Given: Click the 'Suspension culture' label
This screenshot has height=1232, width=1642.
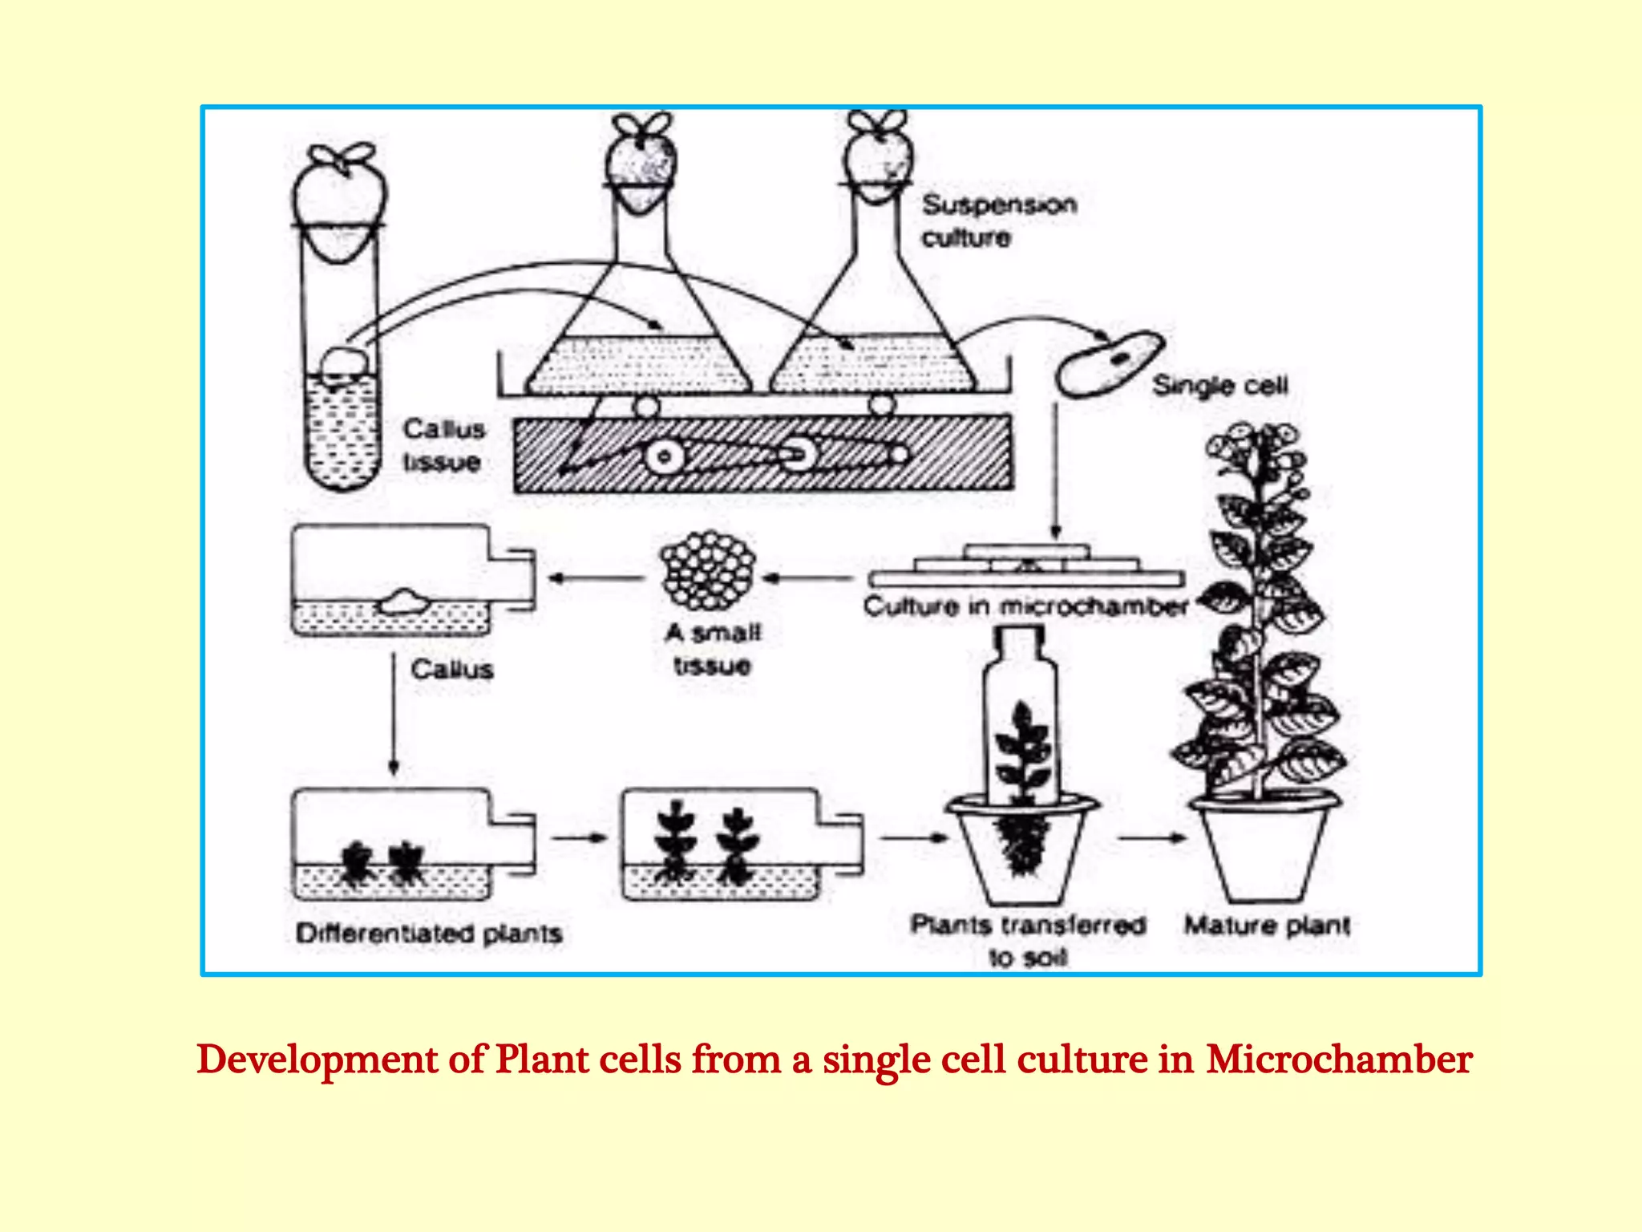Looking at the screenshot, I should click(998, 221).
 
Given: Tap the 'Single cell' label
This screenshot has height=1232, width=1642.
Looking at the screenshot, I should click(1219, 386).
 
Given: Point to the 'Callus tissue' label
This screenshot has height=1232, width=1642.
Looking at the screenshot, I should click(443, 445).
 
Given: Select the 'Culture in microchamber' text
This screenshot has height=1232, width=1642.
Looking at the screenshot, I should click(1025, 606).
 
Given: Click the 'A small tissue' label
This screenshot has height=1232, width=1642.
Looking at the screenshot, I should click(712, 649).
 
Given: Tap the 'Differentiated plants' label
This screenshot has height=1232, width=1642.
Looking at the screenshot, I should click(429, 933).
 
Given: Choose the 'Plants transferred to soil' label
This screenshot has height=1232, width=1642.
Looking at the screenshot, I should click(1028, 940).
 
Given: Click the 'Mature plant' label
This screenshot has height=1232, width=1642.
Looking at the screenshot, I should click(1268, 926).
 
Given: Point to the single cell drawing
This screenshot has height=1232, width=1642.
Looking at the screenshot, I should click(1109, 364).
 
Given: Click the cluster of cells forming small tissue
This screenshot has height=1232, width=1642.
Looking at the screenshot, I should click(707, 571).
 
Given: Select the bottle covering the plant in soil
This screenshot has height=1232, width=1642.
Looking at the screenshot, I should click(1020, 714).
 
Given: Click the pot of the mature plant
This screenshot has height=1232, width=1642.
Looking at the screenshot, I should click(1264, 850).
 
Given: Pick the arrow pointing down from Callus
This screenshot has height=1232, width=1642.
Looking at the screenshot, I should click(394, 714).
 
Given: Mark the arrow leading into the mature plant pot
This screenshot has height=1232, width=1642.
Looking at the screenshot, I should click(1152, 838).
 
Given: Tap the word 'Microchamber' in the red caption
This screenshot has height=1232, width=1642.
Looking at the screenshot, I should click(1339, 1060).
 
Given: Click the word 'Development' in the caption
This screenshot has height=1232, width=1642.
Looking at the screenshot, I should click(317, 1060).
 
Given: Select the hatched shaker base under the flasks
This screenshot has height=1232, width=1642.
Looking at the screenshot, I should click(763, 454).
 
